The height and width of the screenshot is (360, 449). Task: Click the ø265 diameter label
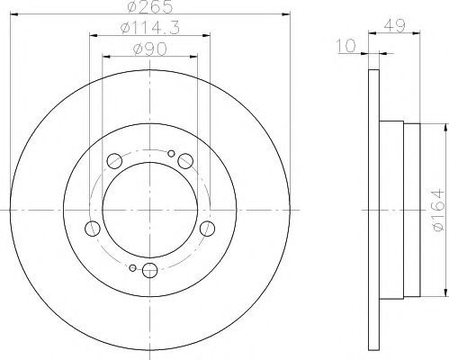pos(150,6)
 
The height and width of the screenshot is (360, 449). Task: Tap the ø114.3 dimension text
pos(150,28)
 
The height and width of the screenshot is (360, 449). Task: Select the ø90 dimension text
pos(150,49)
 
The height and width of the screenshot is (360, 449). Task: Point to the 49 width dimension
pos(394,25)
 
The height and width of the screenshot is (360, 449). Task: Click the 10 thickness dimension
pos(346,46)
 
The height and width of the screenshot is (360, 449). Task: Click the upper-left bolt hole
pos(114,161)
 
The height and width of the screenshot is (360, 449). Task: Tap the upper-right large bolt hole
pos(185,161)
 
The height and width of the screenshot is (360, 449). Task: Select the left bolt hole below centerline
pos(93,229)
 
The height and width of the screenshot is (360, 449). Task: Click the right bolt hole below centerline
pos(207,229)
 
